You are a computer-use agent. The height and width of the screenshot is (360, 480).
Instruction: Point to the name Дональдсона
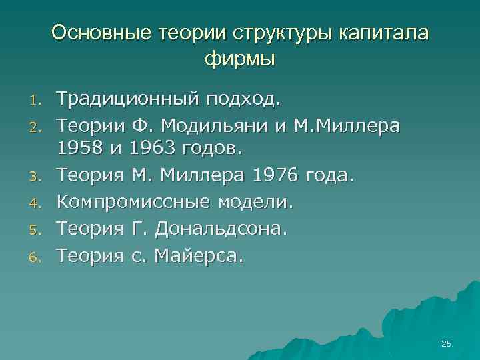pyautogui.click(x=220, y=229)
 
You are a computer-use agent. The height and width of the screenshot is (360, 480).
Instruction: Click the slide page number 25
pyautogui.click(x=446, y=343)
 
